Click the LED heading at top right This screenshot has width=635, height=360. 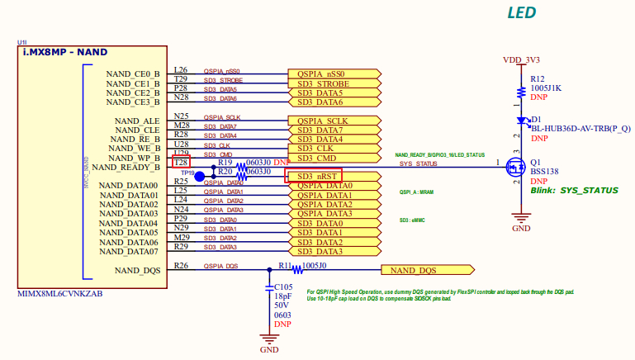pos(520,13)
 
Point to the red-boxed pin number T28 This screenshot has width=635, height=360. pos(181,163)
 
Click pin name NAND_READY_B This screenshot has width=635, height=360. pos(124,168)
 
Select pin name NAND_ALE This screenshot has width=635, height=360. pos(137,121)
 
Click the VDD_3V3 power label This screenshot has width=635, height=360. pos(521,60)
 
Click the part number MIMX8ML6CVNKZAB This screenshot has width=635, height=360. pos(60,294)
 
